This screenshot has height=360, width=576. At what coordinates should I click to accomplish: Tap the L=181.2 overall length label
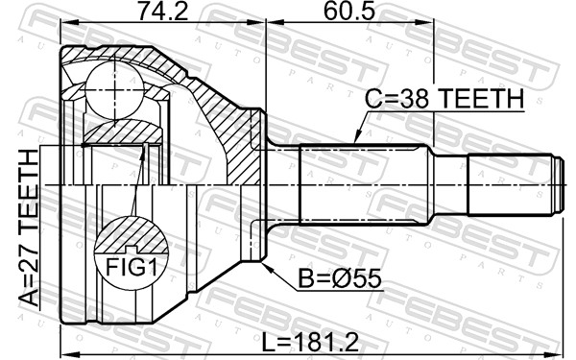click(x=310, y=343)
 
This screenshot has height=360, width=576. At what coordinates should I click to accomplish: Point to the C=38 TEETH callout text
click(x=444, y=99)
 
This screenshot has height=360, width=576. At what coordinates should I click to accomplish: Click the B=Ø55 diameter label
click(x=340, y=278)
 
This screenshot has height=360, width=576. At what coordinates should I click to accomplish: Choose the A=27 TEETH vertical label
click(x=29, y=228)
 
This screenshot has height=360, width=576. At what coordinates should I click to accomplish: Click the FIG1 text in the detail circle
click(x=132, y=268)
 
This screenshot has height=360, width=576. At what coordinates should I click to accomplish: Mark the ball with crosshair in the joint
click(x=114, y=90)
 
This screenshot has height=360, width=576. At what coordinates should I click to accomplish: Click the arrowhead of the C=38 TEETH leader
click(x=356, y=137)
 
